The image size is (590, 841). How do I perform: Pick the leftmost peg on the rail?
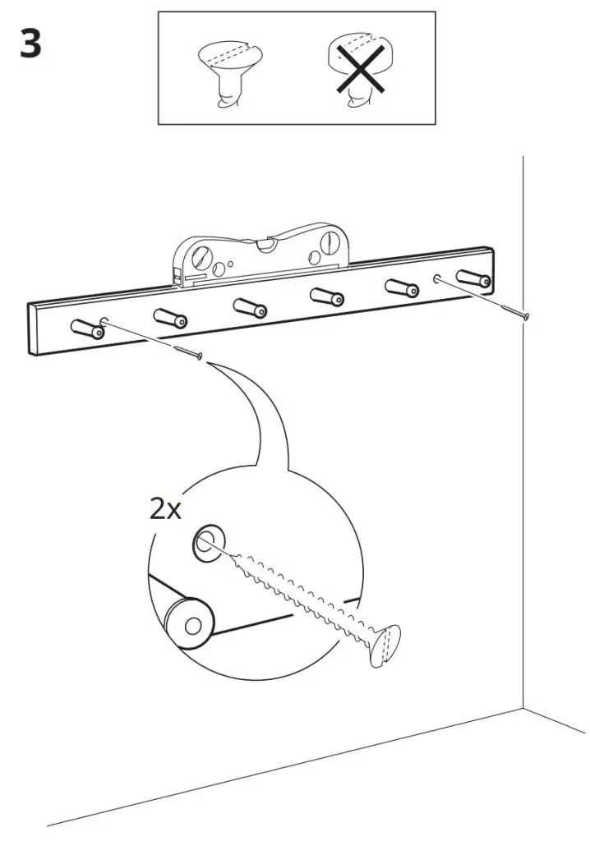86,329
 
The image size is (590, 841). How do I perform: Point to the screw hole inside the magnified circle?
205,541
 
